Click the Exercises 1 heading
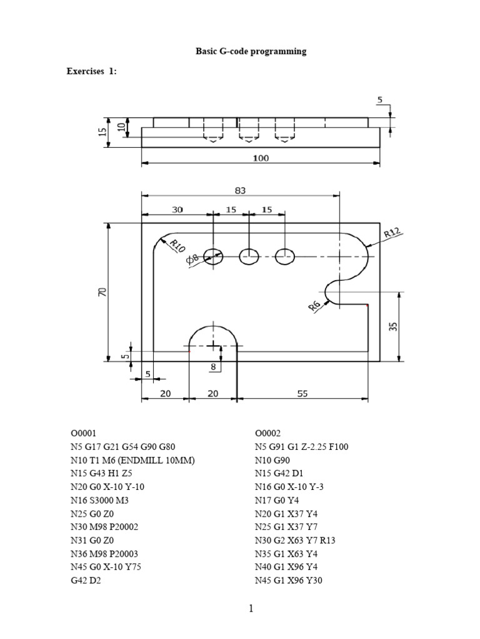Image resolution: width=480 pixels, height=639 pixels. (91, 71)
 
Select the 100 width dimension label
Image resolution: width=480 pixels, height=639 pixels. (261, 158)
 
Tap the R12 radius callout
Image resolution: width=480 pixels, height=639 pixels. (392, 233)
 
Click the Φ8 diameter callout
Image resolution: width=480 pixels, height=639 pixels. (193, 259)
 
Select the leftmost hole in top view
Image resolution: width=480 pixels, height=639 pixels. (214, 255)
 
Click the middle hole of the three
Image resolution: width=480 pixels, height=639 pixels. (249, 255)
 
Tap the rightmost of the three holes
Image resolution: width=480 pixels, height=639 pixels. (286, 255)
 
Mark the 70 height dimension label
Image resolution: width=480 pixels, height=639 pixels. (102, 292)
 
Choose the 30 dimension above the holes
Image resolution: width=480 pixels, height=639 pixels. (177, 210)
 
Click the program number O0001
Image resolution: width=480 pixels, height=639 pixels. (83, 432)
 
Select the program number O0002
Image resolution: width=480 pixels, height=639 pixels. (268, 432)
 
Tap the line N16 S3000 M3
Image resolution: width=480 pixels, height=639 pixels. (103, 500)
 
